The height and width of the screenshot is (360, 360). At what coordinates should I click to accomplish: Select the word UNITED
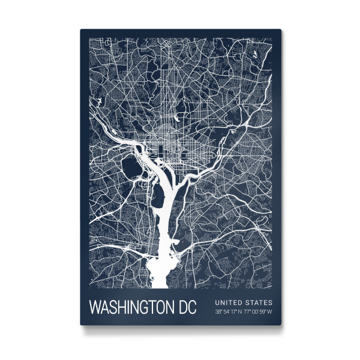tap(227, 302)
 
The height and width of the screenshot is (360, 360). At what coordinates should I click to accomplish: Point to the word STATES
tap(258, 302)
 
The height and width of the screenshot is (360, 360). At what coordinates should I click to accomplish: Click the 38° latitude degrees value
tap(219, 311)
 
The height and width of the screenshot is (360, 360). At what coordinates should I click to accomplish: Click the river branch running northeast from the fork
tap(198, 171)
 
